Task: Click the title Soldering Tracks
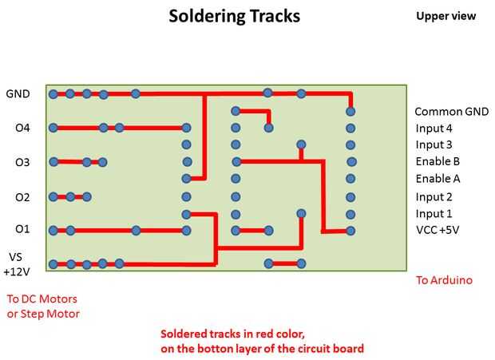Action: point(234,16)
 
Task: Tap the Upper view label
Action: point(445,16)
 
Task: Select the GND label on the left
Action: point(18,93)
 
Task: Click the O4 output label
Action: point(22,128)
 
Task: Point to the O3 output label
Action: point(22,162)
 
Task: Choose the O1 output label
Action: point(22,230)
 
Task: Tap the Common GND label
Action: point(451,112)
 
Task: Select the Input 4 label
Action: point(434,129)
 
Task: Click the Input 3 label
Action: point(434,145)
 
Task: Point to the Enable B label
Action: point(438,162)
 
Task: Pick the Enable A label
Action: point(438,179)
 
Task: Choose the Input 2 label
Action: point(434,197)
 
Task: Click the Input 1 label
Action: point(434,214)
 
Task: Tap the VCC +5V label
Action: point(438,231)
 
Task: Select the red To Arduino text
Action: point(444,280)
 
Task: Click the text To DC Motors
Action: point(42,299)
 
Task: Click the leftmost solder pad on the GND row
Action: point(53,93)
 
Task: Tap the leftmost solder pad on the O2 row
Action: point(53,196)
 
